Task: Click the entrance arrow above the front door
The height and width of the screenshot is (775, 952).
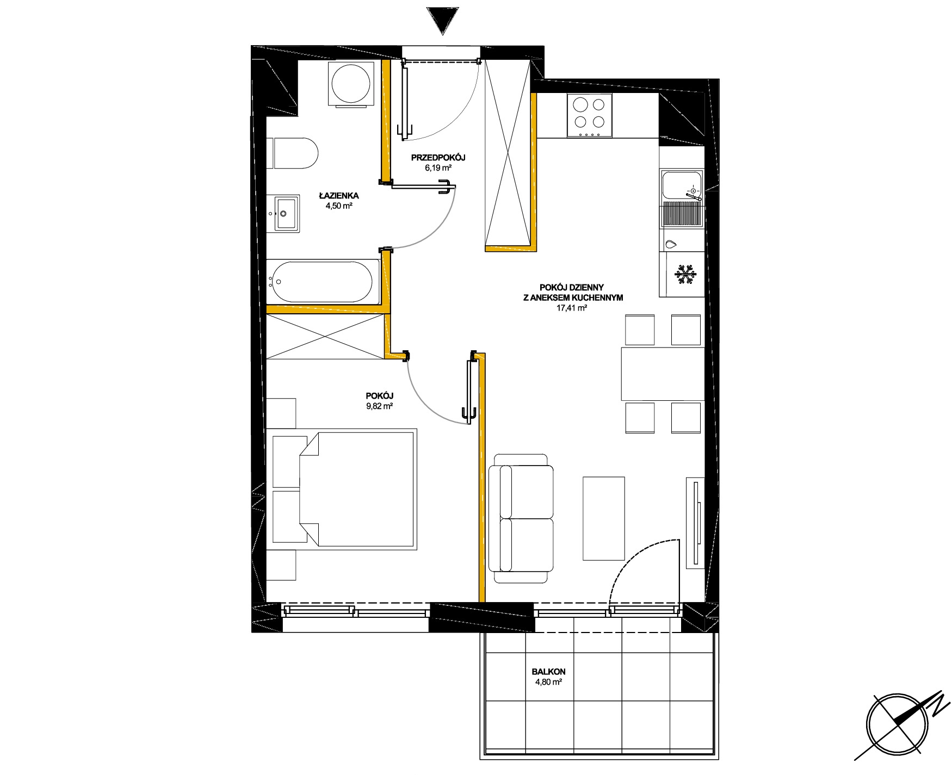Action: [x=442, y=21]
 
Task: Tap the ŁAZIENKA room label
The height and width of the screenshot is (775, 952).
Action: [x=339, y=196]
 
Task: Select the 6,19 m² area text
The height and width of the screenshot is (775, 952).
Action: [x=438, y=168]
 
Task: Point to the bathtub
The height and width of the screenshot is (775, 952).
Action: [x=323, y=282]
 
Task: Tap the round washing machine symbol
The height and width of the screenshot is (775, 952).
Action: [x=351, y=84]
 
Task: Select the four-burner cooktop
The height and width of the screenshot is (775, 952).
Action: [x=590, y=115]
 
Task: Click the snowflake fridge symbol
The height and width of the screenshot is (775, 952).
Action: [x=685, y=274]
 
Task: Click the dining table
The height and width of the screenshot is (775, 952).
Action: [x=663, y=374]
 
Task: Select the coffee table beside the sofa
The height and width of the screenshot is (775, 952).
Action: [x=604, y=518]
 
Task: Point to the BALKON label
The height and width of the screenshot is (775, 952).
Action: [x=549, y=672]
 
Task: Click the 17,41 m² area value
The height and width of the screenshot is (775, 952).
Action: [x=571, y=308]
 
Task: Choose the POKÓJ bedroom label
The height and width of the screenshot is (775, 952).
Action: [x=380, y=396]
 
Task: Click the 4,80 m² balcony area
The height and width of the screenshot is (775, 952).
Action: [x=548, y=682]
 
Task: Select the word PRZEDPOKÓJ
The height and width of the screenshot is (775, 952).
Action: [x=438, y=158]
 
